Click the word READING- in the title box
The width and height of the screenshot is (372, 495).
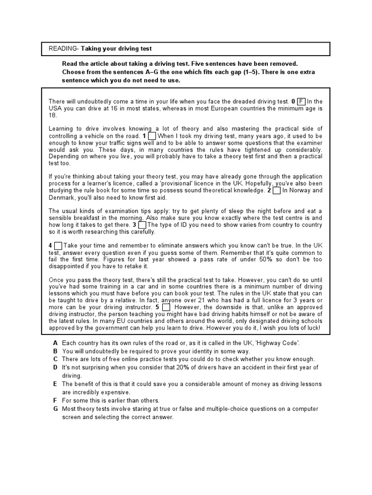point(63,49)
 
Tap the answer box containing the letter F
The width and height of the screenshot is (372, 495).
point(301,102)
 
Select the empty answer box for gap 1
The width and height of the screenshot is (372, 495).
point(152,136)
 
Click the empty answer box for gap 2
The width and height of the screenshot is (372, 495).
point(277,190)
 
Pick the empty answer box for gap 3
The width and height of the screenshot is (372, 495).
point(142,225)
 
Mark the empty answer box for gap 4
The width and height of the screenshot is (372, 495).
point(58,246)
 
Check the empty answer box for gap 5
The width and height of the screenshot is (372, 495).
point(166,307)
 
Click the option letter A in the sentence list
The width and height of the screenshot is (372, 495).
point(56,343)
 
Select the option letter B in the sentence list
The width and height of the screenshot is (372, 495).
point(56,351)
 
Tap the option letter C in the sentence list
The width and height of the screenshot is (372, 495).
point(56,359)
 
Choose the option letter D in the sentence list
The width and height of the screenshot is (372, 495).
point(56,367)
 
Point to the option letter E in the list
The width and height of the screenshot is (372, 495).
point(56,384)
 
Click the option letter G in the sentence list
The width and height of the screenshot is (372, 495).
point(56,409)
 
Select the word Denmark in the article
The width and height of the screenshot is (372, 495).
point(62,197)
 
